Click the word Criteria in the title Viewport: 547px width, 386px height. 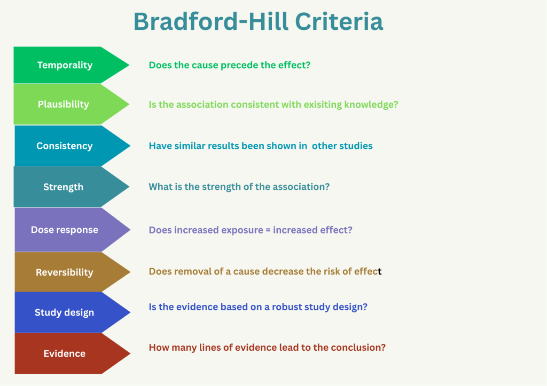[339, 21]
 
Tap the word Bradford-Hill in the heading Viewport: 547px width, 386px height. [211, 21]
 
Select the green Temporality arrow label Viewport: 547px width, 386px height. [65, 65]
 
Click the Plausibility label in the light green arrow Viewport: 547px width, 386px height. [64, 104]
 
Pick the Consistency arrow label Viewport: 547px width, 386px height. [65, 146]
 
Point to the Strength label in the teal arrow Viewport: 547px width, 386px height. [63, 187]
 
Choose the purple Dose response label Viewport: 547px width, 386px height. [65, 230]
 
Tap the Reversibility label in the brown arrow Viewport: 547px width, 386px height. [65, 272]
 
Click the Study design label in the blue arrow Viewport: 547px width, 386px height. [65, 312]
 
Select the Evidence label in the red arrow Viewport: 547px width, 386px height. [65, 353]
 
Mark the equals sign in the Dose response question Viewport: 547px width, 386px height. [268, 230]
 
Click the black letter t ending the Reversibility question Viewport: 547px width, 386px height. [380, 271]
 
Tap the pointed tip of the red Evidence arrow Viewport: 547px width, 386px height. [130, 353]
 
